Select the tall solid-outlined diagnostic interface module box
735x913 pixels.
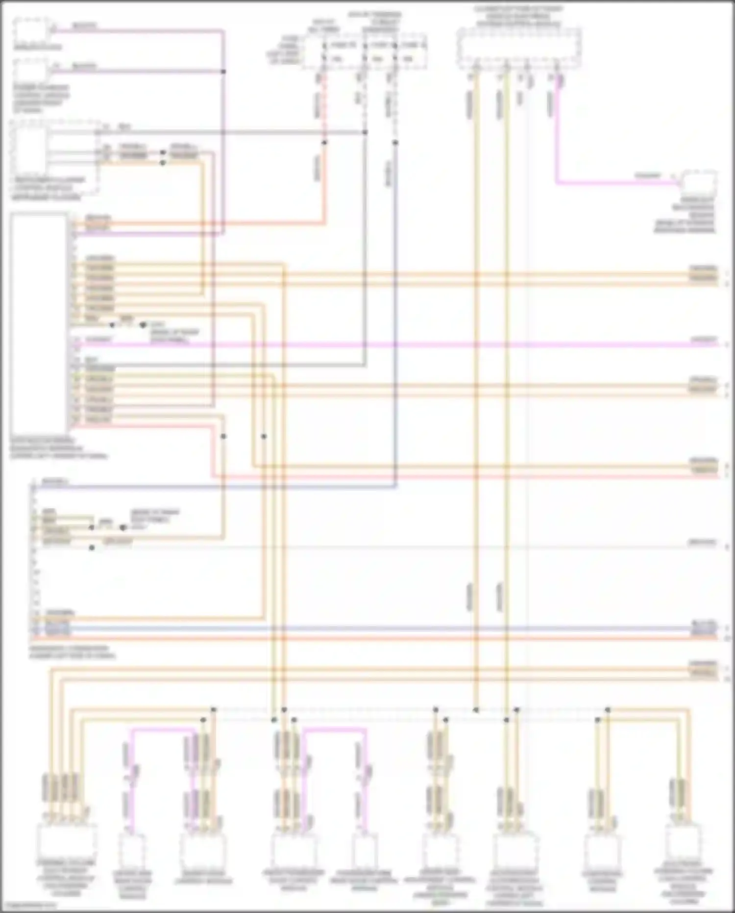click(39, 324)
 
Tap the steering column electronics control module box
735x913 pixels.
click(66, 840)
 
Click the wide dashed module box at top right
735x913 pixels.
click(519, 48)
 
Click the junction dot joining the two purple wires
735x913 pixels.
click(223, 72)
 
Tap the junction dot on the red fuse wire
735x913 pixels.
click(324, 143)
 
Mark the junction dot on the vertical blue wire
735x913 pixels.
click(395, 143)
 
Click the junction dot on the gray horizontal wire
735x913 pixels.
click(365, 132)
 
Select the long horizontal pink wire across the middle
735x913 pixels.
click(392, 345)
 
